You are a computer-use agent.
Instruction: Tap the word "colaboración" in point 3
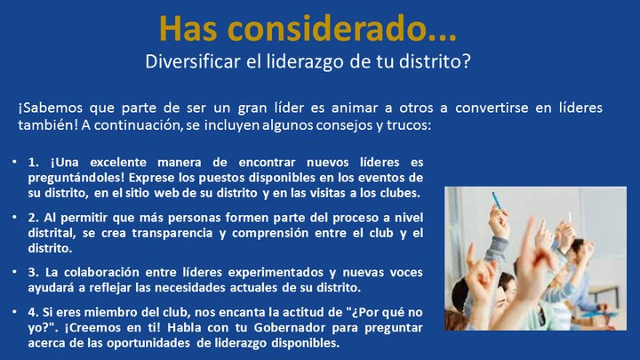(x=104, y=273)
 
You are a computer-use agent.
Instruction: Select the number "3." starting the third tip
(x=33, y=273)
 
